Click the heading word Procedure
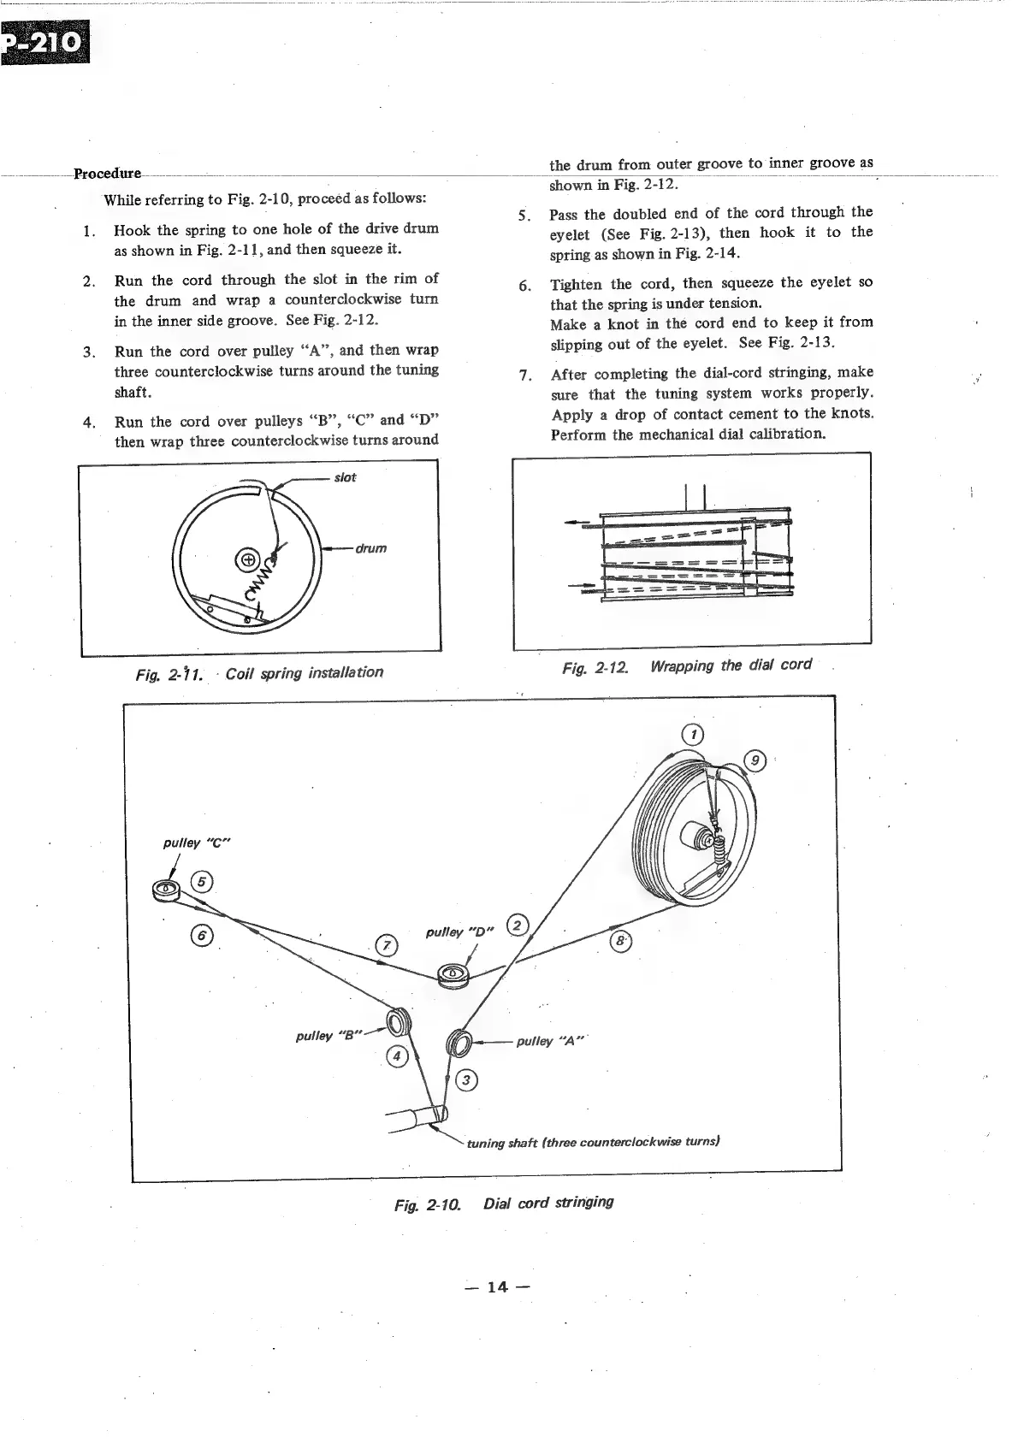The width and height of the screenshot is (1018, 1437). pos(107,174)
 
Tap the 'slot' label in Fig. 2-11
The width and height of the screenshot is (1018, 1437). pos(345,477)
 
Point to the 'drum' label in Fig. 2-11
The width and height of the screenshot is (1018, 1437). pos(371,548)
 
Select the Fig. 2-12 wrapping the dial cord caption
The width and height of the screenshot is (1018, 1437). pos(687,665)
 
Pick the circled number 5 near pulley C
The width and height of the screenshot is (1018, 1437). pos(203,882)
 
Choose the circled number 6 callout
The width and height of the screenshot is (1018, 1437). pos(202,936)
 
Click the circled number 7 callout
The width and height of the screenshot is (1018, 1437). pos(388,945)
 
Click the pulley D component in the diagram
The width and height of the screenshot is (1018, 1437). pos(452,973)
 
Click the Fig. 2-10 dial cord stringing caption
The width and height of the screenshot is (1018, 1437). pos(504,1203)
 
